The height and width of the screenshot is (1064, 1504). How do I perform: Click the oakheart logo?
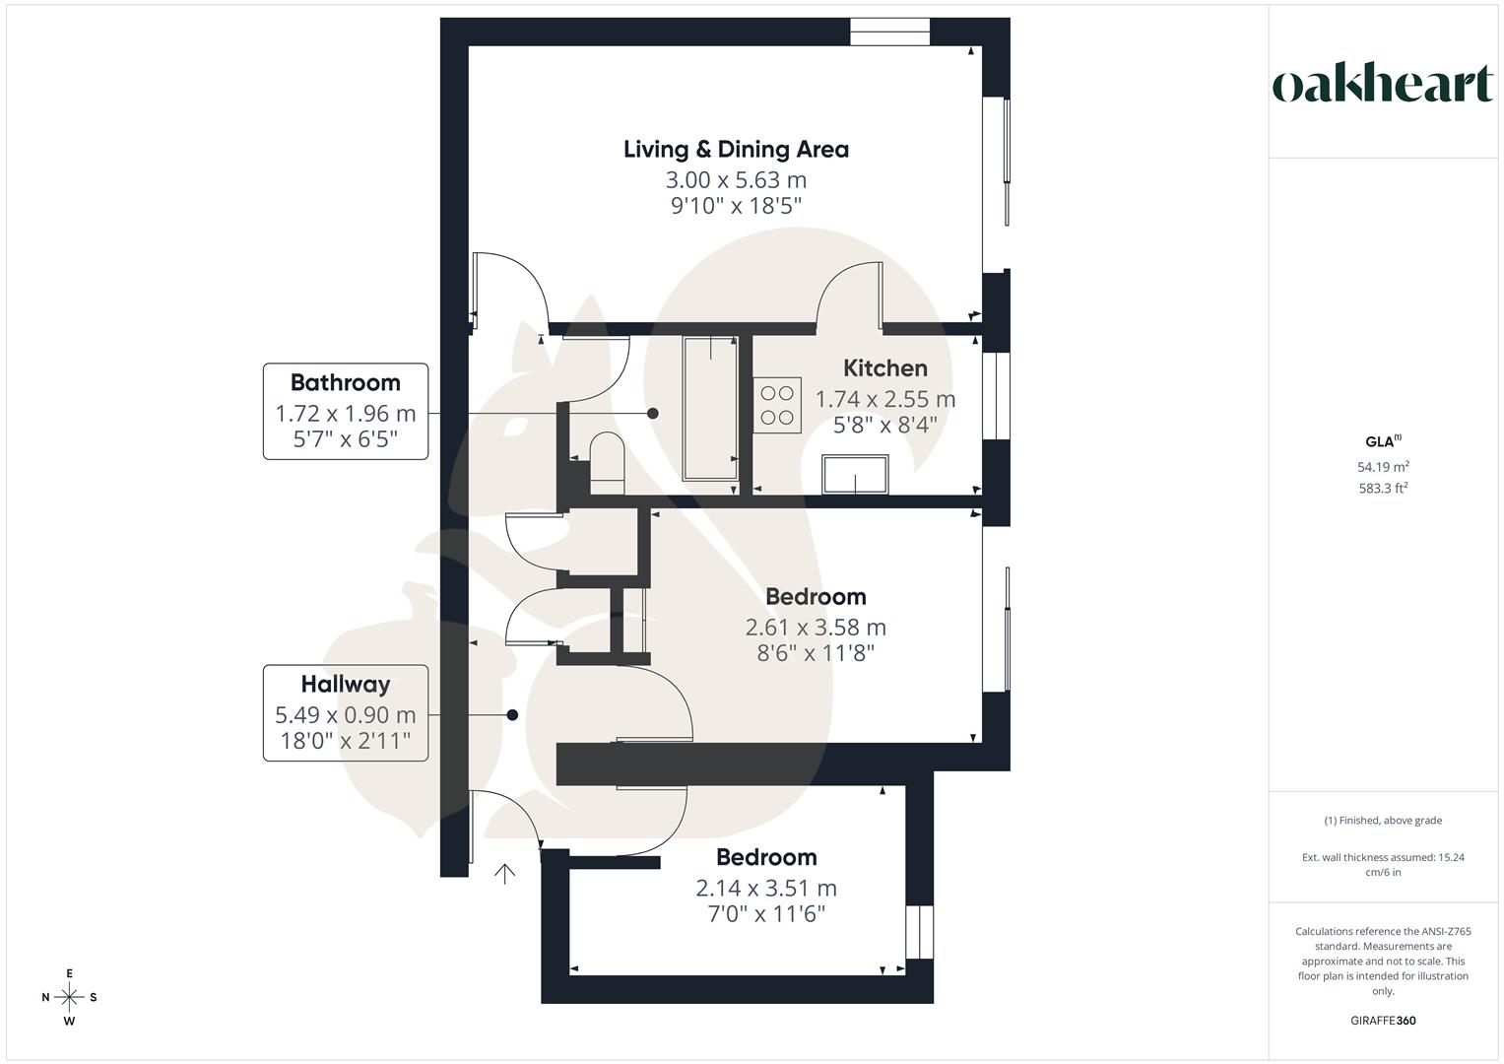1382,85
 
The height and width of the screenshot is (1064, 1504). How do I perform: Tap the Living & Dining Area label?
736,150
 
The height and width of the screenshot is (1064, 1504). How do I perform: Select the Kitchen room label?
884,368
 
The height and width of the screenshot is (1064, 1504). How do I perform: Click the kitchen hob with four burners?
776,405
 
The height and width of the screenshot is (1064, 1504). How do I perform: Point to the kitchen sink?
856,475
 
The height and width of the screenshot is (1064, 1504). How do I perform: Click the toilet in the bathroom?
607,463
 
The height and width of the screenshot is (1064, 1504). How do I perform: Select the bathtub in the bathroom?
710,408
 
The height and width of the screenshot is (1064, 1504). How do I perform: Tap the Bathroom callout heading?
345,383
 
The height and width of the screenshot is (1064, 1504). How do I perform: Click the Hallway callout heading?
345,685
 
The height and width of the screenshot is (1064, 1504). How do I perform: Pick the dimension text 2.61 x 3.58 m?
816,628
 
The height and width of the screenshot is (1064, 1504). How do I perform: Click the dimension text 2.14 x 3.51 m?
766,889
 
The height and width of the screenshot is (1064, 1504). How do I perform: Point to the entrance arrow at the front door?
504,874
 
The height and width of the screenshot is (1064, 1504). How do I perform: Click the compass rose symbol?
69,997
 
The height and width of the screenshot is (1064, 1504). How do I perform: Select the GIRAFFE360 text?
1383,1021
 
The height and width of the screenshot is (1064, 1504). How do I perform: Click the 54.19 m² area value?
1383,467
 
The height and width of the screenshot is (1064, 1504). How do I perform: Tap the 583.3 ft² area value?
1383,489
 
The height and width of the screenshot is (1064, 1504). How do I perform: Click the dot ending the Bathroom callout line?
652,414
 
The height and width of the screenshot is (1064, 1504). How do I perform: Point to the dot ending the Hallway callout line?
512,715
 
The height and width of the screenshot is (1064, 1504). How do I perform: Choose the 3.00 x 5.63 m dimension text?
736,180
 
